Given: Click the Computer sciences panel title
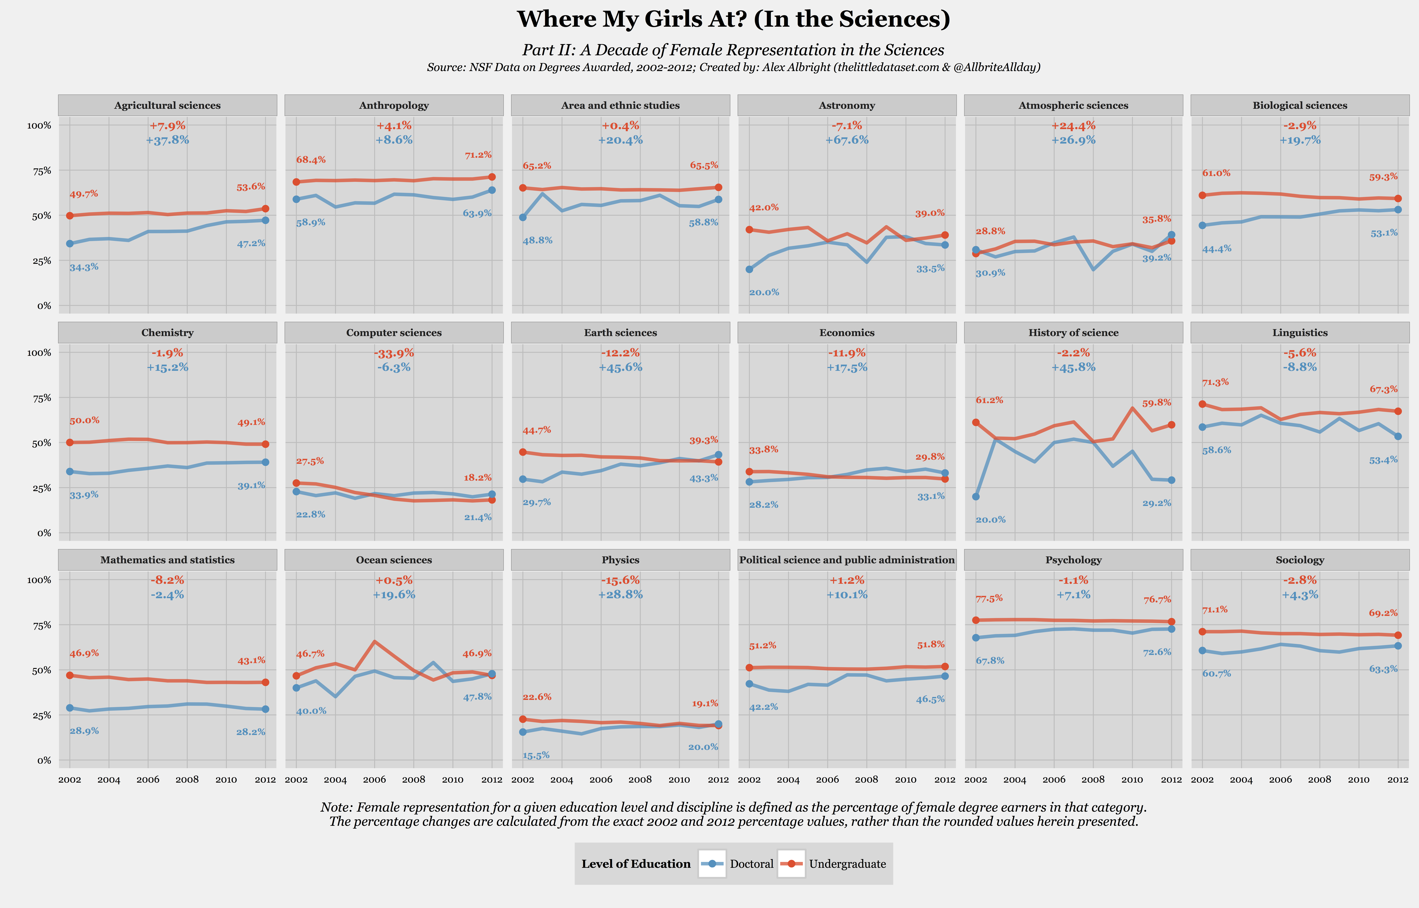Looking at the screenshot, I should click(x=394, y=332).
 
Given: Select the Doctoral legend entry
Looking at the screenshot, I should click(x=737, y=864).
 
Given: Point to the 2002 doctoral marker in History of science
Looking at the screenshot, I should click(x=976, y=497).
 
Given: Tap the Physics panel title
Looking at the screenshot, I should click(x=620, y=560).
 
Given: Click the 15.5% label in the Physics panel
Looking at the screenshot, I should click(x=536, y=755).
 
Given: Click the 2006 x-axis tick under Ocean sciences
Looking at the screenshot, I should click(x=374, y=779).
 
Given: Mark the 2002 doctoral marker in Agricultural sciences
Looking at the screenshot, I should click(x=70, y=243).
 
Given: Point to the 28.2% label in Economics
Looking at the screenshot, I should click(x=763, y=505).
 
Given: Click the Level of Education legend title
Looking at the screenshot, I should click(x=636, y=864).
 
